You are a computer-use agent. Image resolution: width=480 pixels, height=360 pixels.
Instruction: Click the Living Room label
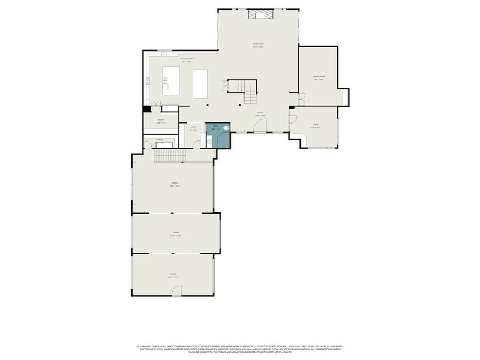coord(259,44)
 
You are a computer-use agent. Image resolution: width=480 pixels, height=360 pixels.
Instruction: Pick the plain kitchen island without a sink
coord(200,83)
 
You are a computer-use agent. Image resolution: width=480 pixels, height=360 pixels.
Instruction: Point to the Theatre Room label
coord(318,77)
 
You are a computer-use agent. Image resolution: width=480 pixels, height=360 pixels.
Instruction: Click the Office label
coord(316,125)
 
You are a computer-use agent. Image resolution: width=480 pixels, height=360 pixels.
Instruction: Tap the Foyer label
coord(260,113)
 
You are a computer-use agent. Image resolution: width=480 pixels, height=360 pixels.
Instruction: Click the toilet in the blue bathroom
coord(225,128)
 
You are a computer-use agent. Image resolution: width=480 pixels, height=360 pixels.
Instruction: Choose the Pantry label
coord(161,120)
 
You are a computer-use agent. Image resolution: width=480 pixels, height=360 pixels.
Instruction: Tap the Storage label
coord(160,140)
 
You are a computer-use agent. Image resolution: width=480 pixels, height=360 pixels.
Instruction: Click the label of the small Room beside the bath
coord(193,127)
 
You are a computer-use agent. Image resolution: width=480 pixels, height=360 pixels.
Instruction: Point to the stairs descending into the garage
coord(170,156)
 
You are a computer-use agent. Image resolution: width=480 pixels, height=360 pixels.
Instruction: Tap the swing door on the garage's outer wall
coord(176,291)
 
